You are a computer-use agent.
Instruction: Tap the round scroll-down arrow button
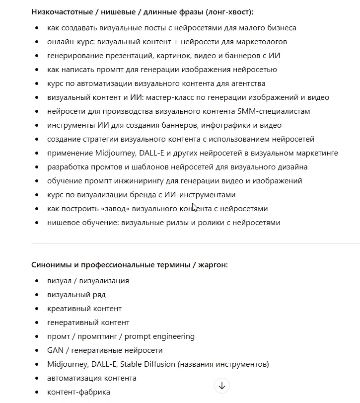pyautogui.click(x=222, y=385)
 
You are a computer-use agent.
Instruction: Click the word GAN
pyautogui.click(x=55, y=350)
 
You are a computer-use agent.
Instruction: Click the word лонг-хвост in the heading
pyautogui.click(x=236, y=12)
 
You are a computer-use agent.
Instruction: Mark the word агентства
pyautogui.click(x=246, y=83)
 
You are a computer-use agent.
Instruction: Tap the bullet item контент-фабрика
pyautogui.click(x=78, y=392)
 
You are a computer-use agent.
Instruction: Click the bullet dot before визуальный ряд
pyautogui.click(x=38, y=295)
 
